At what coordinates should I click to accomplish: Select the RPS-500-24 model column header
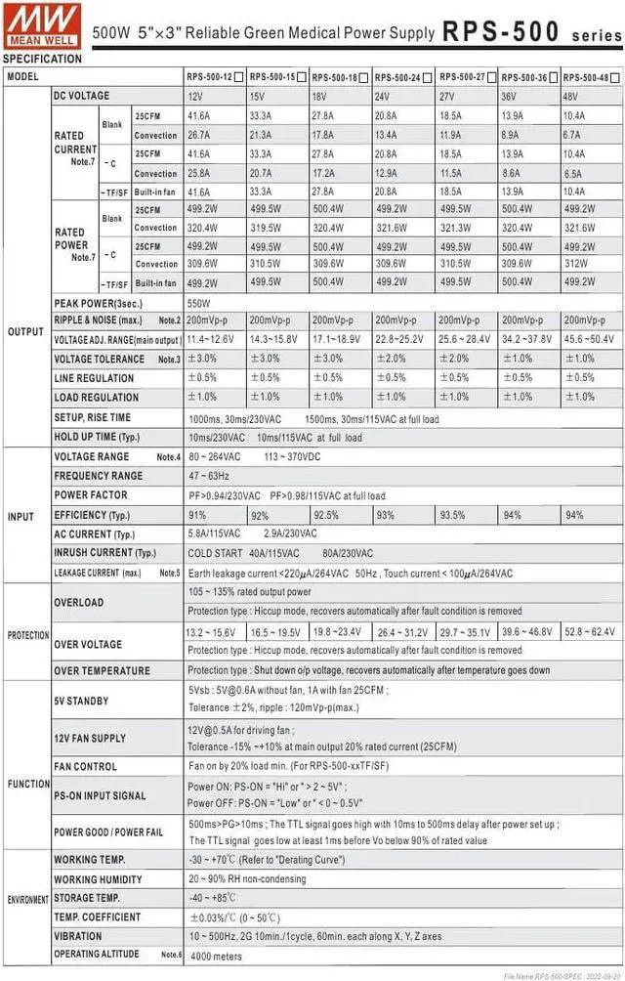point(396,76)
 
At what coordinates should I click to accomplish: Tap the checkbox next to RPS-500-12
point(239,76)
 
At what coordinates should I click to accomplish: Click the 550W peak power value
point(198,304)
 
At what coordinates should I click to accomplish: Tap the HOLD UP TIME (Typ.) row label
point(97,438)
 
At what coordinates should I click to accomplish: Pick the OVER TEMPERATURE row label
point(102,670)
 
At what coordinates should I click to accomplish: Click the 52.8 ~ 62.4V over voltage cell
point(589,632)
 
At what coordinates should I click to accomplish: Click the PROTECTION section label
point(27,636)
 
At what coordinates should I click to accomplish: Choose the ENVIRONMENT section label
point(27,898)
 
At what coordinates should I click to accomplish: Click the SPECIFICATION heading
point(42,59)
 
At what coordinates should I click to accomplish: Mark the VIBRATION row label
point(78,936)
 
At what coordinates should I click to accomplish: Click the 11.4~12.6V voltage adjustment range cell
point(212,339)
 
